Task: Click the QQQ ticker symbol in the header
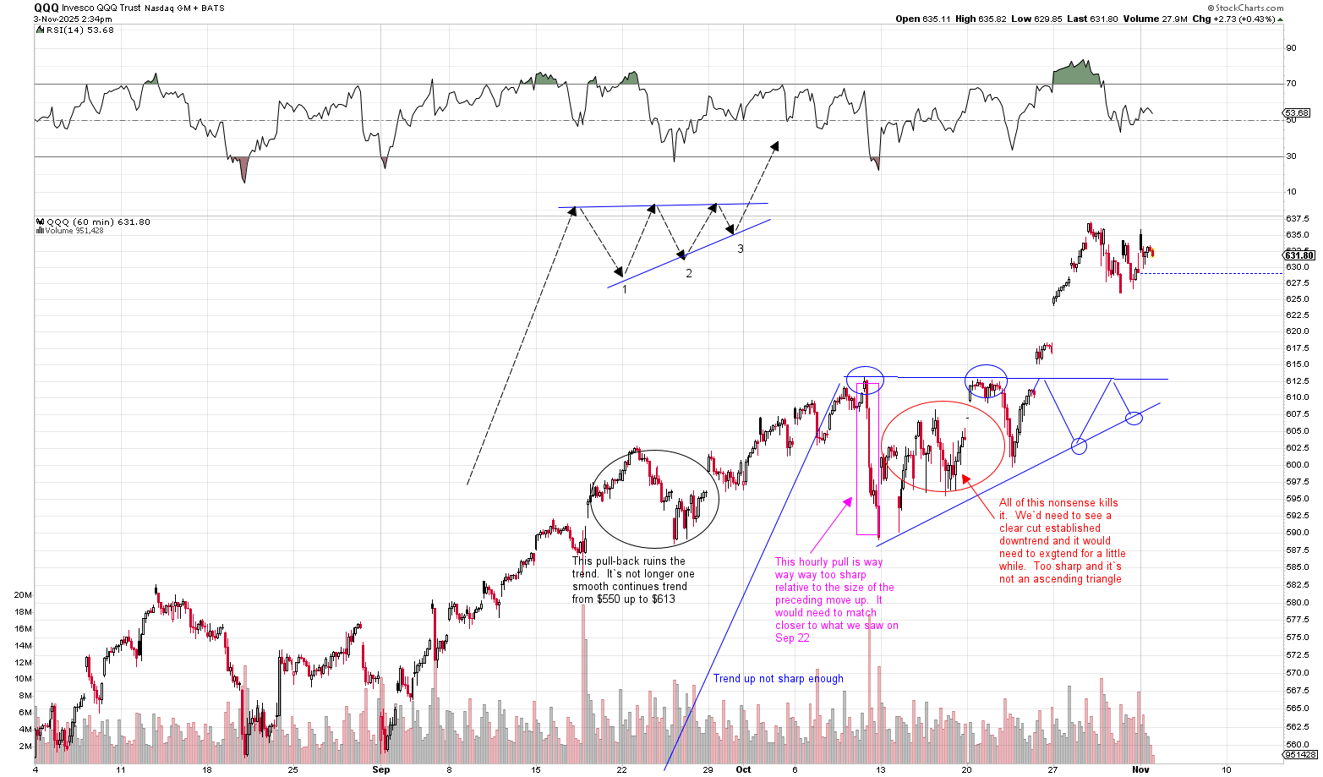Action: pyautogui.click(x=46, y=8)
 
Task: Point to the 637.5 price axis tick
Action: pyautogui.click(x=1297, y=219)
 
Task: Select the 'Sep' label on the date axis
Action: pyautogui.click(x=381, y=769)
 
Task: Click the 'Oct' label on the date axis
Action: pyautogui.click(x=743, y=769)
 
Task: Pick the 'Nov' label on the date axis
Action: pyautogui.click(x=1140, y=769)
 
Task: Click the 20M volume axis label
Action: pyautogui.click(x=23, y=595)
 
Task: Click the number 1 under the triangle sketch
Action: pyautogui.click(x=625, y=289)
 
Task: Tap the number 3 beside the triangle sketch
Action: pyautogui.click(x=741, y=249)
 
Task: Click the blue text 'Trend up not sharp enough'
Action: pyautogui.click(x=778, y=678)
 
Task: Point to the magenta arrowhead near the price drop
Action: pyautogui.click(x=848, y=502)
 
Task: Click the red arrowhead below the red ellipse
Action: pyautogui.click(x=965, y=479)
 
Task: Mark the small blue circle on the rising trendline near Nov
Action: pyautogui.click(x=1134, y=418)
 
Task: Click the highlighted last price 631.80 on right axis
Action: pyautogui.click(x=1299, y=255)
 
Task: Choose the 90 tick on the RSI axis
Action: pyautogui.click(x=1291, y=48)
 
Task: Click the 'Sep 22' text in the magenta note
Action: pyautogui.click(x=792, y=638)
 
